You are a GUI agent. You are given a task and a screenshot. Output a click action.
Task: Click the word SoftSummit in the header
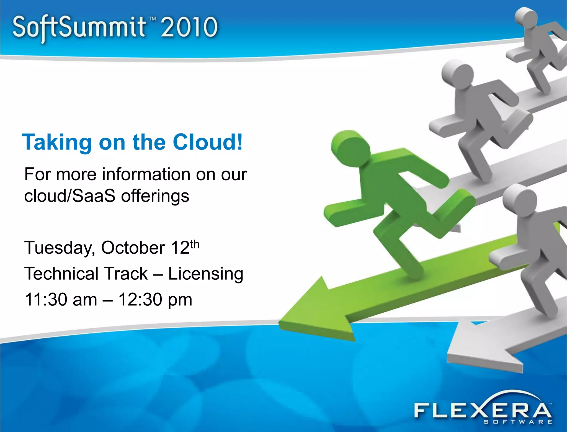[79, 28]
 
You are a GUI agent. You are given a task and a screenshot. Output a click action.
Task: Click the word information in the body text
[146, 174]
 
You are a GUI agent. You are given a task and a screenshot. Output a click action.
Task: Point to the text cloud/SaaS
[69, 196]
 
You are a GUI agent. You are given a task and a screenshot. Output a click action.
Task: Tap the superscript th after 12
[195, 244]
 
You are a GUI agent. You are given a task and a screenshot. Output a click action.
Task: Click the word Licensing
[206, 274]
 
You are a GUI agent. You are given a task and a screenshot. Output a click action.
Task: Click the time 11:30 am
[61, 300]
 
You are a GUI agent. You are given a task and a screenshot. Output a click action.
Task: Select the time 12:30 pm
[155, 300]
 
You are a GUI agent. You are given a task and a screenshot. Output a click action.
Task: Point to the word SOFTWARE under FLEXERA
[518, 422]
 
